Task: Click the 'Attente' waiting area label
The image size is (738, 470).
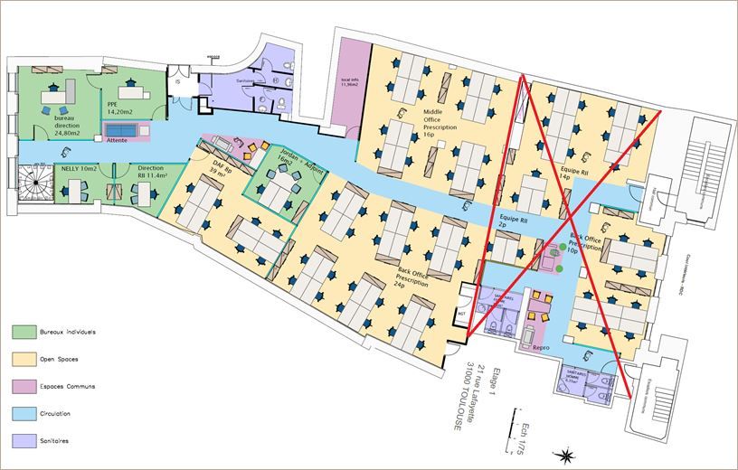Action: pos(117,141)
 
